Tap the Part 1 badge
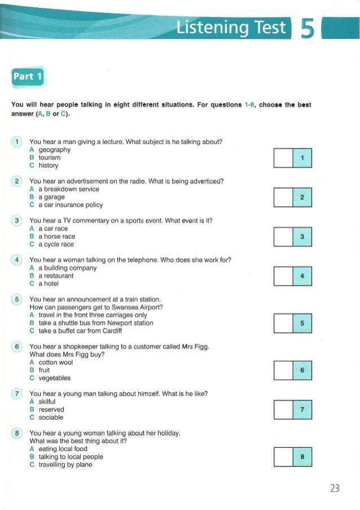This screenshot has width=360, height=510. pyautogui.click(x=27, y=76)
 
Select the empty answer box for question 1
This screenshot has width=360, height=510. pyautogui.click(x=283, y=158)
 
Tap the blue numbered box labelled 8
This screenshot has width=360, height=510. pyautogui.click(x=303, y=456)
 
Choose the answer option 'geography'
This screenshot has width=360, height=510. pyautogui.click(x=54, y=150)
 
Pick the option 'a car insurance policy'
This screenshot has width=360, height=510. pyautogui.click(x=69, y=205)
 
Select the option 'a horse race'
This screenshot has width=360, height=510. pyautogui.click(x=56, y=236)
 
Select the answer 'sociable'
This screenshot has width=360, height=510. pyautogui.click(x=50, y=417)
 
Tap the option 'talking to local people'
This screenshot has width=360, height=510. pyautogui.click(x=70, y=456)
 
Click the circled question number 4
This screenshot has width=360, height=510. pyautogui.click(x=17, y=260)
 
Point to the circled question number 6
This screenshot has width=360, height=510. pyautogui.click(x=17, y=346)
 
